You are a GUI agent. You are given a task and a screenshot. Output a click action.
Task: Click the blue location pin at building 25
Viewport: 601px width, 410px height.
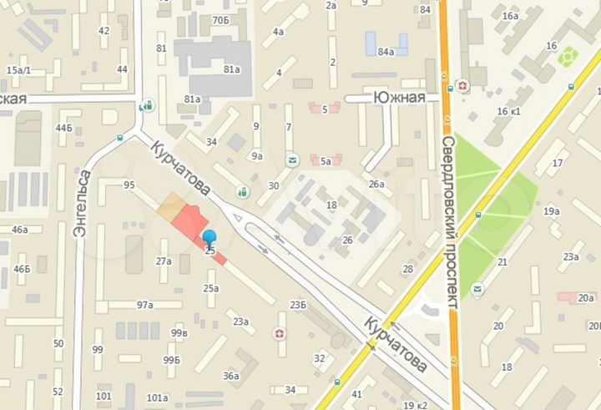click(210, 239)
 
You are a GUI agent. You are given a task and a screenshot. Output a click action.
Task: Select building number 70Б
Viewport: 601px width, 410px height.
click(220, 19)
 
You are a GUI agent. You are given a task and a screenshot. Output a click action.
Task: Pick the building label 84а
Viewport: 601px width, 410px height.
click(386, 53)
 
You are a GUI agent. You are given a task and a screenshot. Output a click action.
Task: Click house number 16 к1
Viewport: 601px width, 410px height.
click(508, 112)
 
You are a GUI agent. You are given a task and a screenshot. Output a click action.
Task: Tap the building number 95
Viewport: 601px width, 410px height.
click(129, 185)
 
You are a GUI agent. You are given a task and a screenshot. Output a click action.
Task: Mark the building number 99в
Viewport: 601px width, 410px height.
click(179, 333)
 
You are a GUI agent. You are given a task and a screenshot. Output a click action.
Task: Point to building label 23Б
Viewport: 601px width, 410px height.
click(298, 305)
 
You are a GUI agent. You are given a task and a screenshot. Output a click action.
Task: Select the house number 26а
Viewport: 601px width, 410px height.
click(377, 184)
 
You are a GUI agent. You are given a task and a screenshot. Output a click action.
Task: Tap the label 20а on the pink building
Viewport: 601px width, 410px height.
click(588, 298)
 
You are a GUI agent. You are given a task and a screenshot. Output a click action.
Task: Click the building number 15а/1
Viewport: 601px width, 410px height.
click(18, 70)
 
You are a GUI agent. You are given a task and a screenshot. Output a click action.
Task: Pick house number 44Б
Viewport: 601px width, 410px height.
click(63, 128)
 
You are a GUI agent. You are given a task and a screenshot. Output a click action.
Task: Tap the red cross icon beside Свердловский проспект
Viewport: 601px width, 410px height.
click(462, 86)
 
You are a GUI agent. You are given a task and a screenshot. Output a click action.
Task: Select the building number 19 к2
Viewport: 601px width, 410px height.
click(415, 405)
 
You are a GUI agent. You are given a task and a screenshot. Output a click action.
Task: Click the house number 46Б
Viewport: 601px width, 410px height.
click(22, 269)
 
